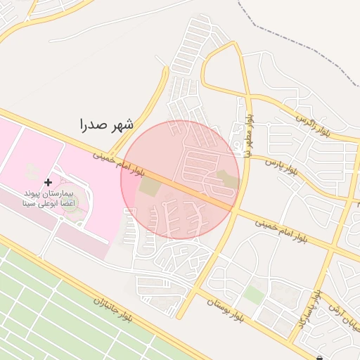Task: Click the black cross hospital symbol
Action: [x=48, y=182]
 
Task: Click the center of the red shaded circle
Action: [x=180, y=180]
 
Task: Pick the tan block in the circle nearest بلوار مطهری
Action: [x=226, y=180]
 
